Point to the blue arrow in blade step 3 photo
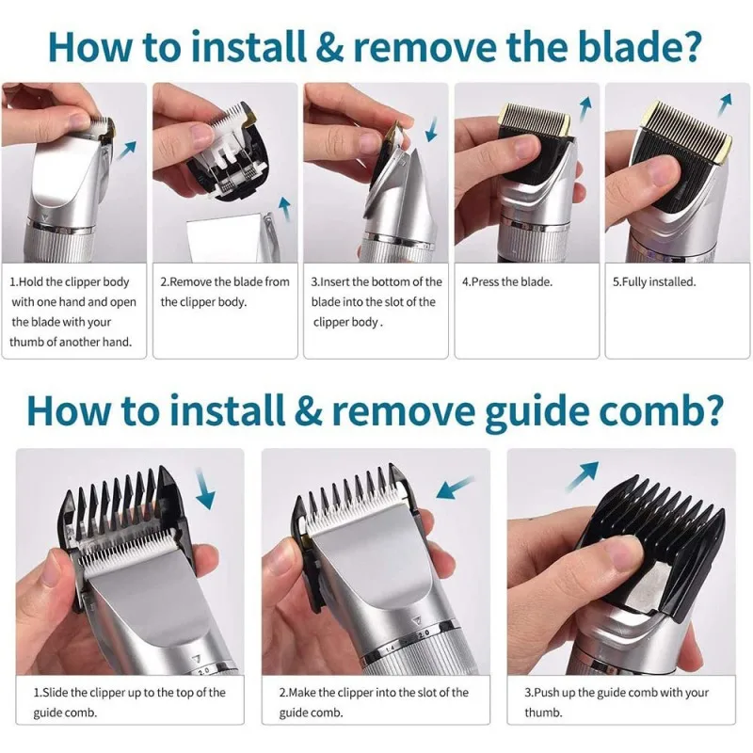click(432, 128)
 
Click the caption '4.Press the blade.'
click(507, 281)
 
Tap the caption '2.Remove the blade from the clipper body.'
click(225, 292)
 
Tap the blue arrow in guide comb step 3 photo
click(583, 473)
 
